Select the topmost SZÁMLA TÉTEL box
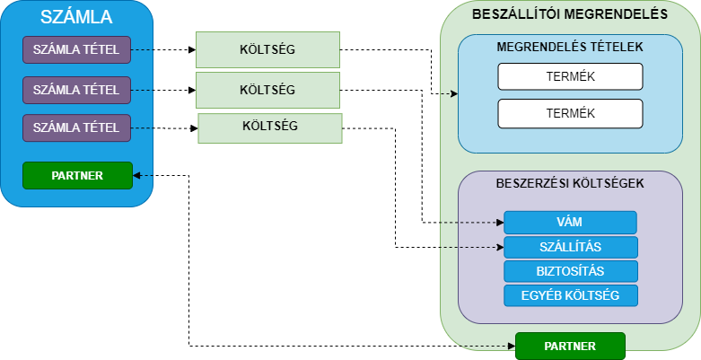click(x=77, y=49)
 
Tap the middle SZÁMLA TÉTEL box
click(x=77, y=89)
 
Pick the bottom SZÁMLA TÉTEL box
click(x=77, y=128)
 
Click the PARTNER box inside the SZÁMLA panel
click(x=77, y=175)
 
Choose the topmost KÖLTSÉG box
click(x=267, y=49)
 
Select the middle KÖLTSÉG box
click(x=267, y=90)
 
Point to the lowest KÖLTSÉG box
click(x=269, y=127)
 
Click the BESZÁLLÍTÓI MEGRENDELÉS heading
click(x=570, y=13)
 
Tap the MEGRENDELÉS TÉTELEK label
click(x=570, y=46)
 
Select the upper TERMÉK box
click(x=570, y=76)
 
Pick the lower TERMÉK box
click(x=570, y=113)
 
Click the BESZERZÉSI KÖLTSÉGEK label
click(x=570, y=183)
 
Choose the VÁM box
click(x=570, y=222)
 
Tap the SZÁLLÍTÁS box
click(x=570, y=247)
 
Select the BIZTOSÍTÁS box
click(x=570, y=271)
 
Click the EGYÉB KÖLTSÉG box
click(x=570, y=295)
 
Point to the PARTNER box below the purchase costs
click(x=569, y=345)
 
